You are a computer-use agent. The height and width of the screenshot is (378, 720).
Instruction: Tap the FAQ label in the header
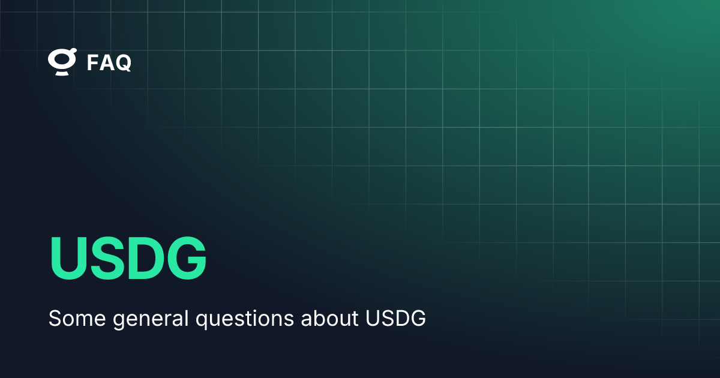[x=109, y=62]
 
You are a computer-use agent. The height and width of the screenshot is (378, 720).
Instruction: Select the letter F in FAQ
[x=93, y=62]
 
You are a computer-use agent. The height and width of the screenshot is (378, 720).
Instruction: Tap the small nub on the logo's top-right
[x=73, y=53]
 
